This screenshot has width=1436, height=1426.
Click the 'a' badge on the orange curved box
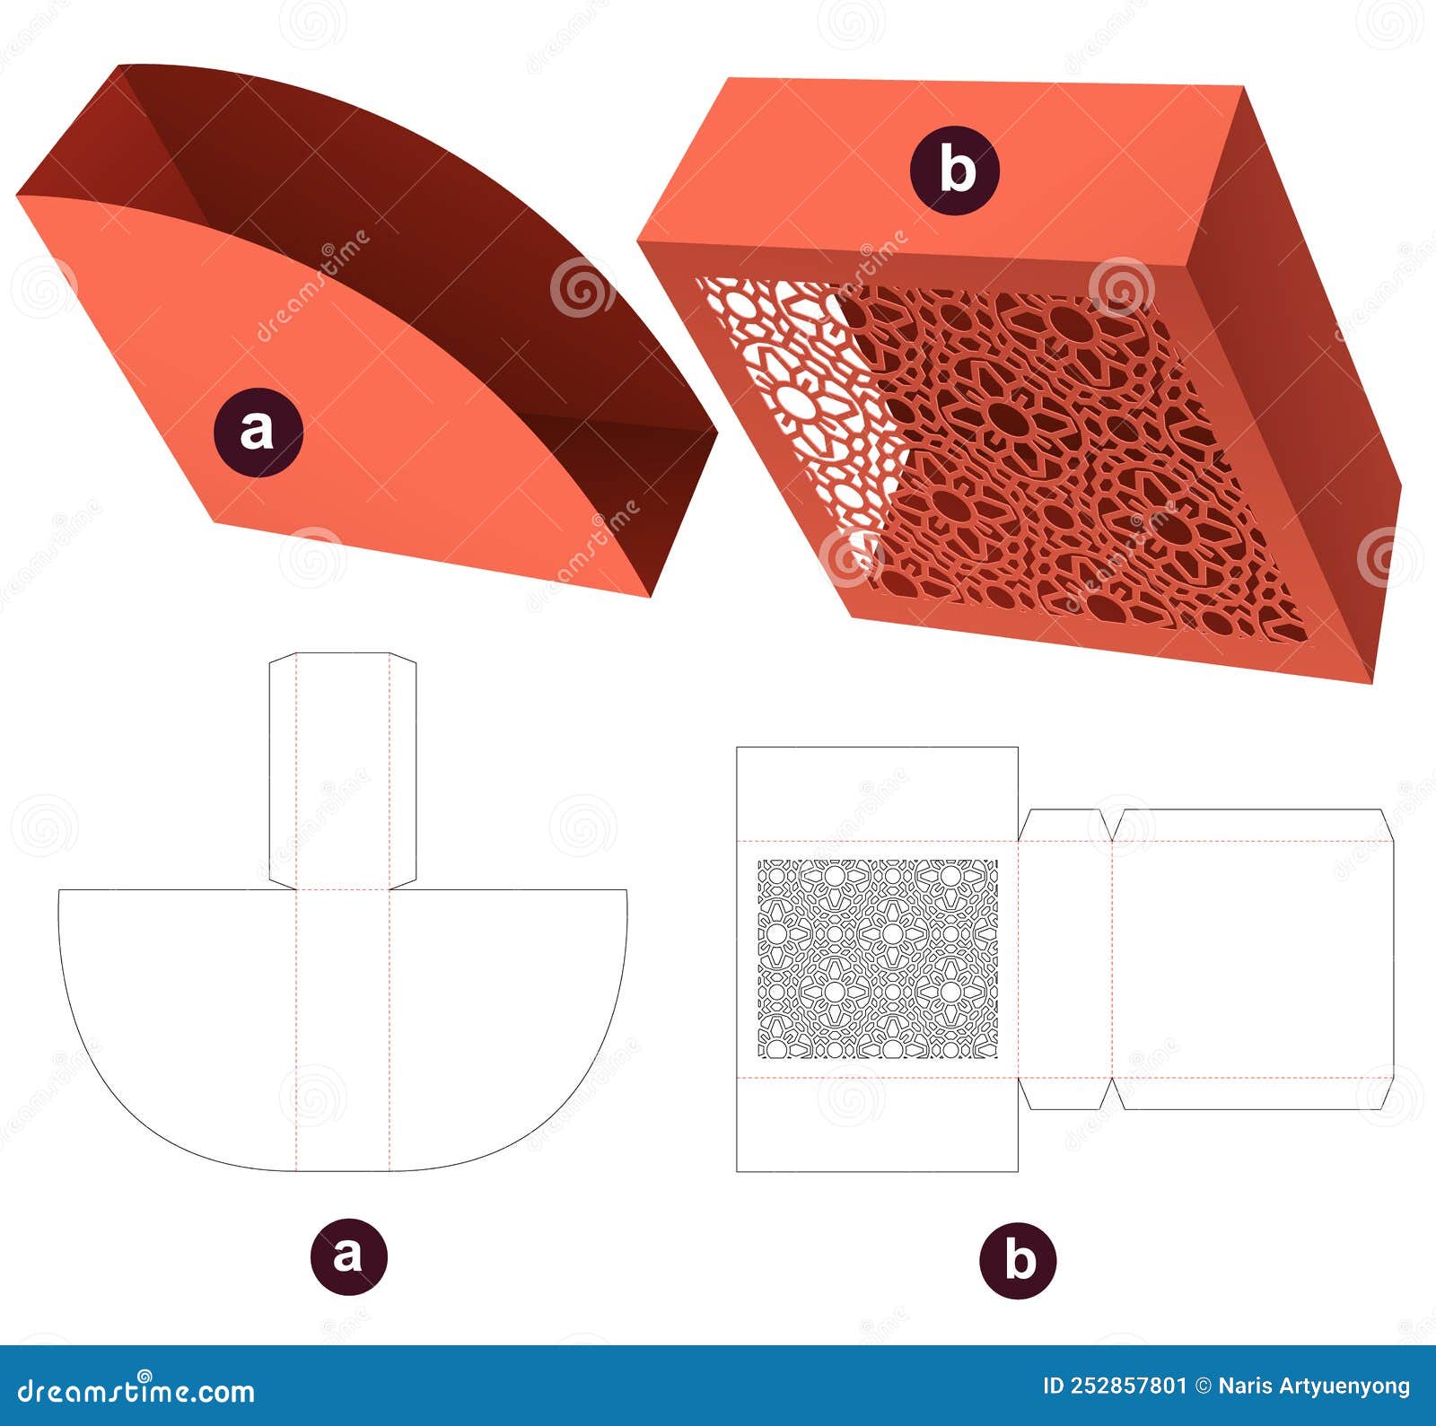pyautogui.click(x=258, y=433)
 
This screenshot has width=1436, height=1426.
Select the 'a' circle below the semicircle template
pyautogui.click(x=349, y=1254)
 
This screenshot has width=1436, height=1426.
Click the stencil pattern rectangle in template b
pyautogui.click(x=877, y=958)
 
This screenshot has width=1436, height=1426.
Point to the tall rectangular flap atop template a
pyautogui.click(x=343, y=770)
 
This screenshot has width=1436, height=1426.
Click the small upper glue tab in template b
pyautogui.click(x=1065, y=826)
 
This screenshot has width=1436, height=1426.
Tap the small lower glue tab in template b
pyautogui.click(x=1065, y=1092)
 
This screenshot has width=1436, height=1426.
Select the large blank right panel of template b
pyautogui.click(x=1252, y=958)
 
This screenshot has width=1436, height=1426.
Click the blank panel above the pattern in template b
pyautogui.click(x=877, y=794)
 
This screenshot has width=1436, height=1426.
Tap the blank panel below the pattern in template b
pyautogui.click(x=877, y=1124)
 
